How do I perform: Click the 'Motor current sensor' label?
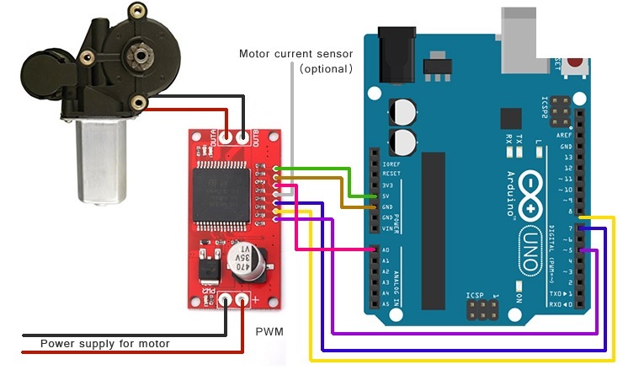[x=296, y=54]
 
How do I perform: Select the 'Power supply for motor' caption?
[x=105, y=344]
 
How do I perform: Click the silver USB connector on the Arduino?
[x=518, y=29]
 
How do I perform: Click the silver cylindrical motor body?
[x=100, y=160]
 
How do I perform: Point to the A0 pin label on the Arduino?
[x=385, y=250]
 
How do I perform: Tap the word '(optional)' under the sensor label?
[x=325, y=68]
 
